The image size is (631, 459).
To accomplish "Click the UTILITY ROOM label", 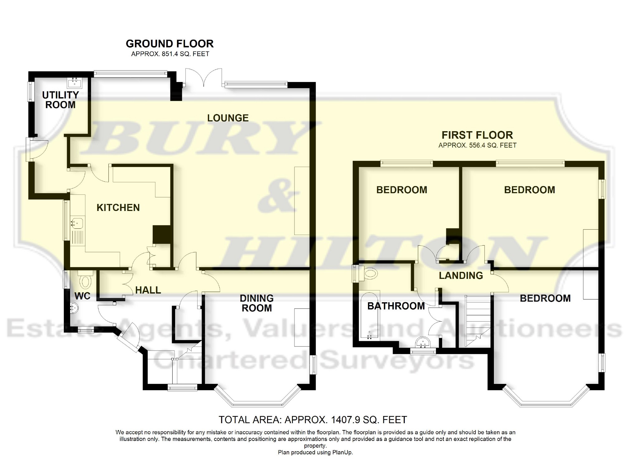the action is pyautogui.click(x=60, y=100).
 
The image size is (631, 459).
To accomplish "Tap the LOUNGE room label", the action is pyautogui.click(x=228, y=118).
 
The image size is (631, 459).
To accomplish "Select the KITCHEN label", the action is pyautogui.click(x=118, y=208).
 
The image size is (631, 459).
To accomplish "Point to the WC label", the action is pyautogui.click(x=83, y=296).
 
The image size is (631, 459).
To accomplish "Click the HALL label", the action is pyautogui.click(x=148, y=290).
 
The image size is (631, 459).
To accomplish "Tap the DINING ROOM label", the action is pyautogui.click(x=256, y=303).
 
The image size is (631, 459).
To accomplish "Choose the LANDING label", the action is pyautogui.click(x=461, y=275).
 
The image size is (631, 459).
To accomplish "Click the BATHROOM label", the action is pyautogui.click(x=396, y=306).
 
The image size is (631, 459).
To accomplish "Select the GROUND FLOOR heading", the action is pyautogui.click(x=170, y=44).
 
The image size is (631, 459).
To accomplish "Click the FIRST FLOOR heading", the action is pyautogui.click(x=477, y=135).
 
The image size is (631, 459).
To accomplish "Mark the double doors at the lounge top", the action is pyautogui.click(x=204, y=77).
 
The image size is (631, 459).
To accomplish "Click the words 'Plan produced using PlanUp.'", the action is pyautogui.click(x=315, y=452).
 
